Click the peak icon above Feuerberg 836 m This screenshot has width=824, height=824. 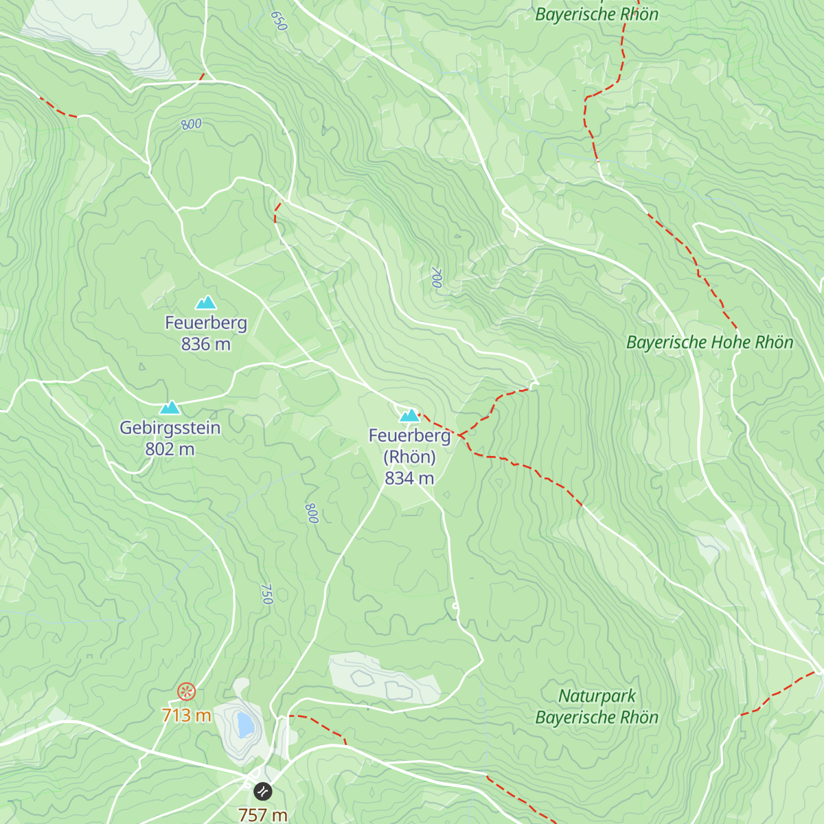205,303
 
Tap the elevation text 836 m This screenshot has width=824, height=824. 205,344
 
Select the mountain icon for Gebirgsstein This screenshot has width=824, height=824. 170,408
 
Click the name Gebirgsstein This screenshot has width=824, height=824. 170,428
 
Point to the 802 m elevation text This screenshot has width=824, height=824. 170,449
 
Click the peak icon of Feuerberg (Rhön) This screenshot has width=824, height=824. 409,415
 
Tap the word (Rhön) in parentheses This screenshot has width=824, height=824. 409,457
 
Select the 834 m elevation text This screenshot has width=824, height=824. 409,478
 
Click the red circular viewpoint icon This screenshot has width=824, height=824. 186,691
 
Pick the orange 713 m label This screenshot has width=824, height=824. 186,715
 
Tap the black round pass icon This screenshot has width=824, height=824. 263,792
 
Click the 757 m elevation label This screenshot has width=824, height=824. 263,815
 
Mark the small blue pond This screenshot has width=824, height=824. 244,724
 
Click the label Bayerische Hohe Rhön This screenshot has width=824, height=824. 709,343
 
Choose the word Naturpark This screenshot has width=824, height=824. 597,696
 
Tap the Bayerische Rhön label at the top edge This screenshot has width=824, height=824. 596,14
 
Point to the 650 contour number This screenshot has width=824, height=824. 278,21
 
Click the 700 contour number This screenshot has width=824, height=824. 436,277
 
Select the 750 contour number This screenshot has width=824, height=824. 267,594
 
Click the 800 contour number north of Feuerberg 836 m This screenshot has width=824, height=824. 192,124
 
